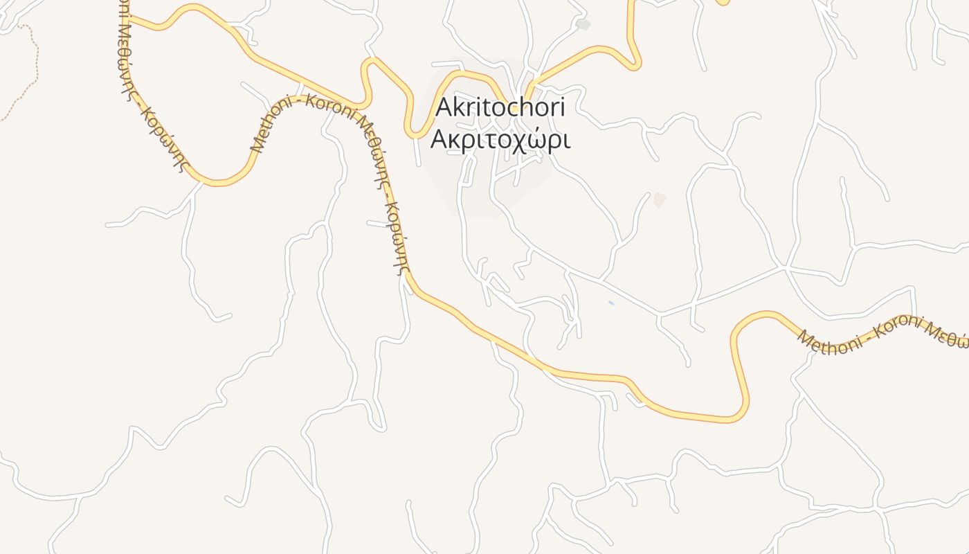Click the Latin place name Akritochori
(x=500, y=107)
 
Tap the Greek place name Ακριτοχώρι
(x=500, y=138)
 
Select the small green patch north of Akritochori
(x=583, y=25)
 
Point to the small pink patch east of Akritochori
(x=659, y=199)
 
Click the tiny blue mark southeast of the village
(x=610, y=303)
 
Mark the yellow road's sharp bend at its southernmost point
(x=734, y=418)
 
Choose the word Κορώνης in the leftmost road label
(x=166, y=138)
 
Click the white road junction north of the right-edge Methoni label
(x=786, y=266)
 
